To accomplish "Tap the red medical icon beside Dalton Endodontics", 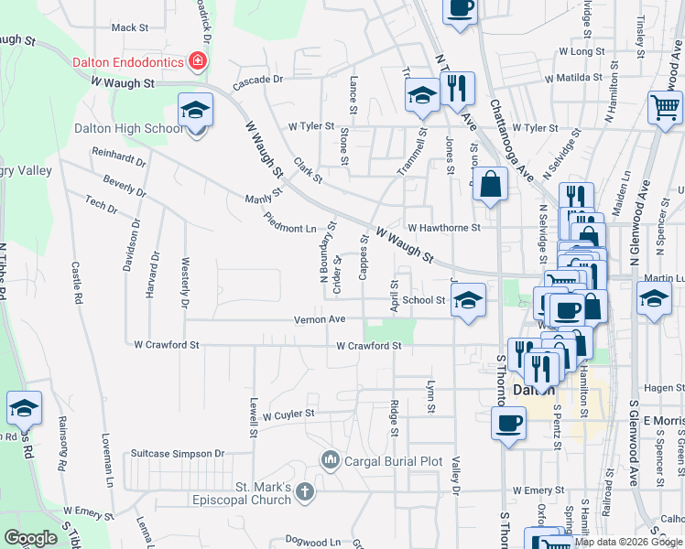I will coord(196,62).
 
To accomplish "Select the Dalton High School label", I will coord(128,129).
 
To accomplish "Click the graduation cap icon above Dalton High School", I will coord(195,111).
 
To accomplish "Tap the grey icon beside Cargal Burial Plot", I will coord(330,458).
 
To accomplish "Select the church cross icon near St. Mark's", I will coord(306,492).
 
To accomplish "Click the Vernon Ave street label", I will coord(320,319).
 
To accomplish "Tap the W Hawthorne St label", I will coord(444,228).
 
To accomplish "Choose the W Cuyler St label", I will coord(288,414).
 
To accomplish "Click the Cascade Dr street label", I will coord(259,80).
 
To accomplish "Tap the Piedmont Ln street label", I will coord(289,222).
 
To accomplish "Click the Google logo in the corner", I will coord(31,538).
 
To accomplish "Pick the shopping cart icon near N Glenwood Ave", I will coord(665,106).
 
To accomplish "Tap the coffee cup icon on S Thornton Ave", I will coord(508,424).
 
